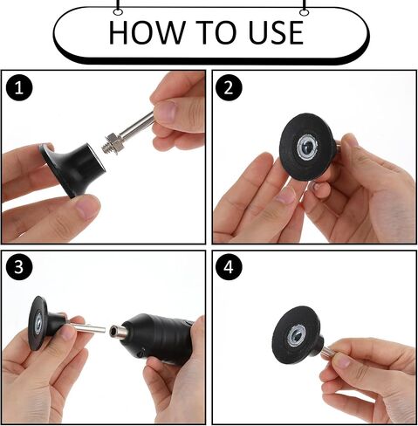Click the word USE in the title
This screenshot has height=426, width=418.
pos(276,32)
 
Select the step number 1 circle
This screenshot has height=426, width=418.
pos(19,87)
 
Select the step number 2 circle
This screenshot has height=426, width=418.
pos(229,87)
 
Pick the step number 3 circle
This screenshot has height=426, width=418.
pos(19,267)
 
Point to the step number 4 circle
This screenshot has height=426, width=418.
pos(229,267)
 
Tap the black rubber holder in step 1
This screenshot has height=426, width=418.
pos(72,168)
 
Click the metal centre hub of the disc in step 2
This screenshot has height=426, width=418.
pos(308,148)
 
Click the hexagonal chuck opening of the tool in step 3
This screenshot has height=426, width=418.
pos(113,331)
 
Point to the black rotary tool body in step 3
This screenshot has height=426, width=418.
pos(157,338)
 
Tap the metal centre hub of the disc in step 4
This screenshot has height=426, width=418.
pos(296,337)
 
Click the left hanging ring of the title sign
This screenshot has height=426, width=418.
pos(118,12)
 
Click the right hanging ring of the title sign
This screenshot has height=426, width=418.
pos(304,12)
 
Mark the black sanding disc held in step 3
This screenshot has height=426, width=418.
pos(38,323)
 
